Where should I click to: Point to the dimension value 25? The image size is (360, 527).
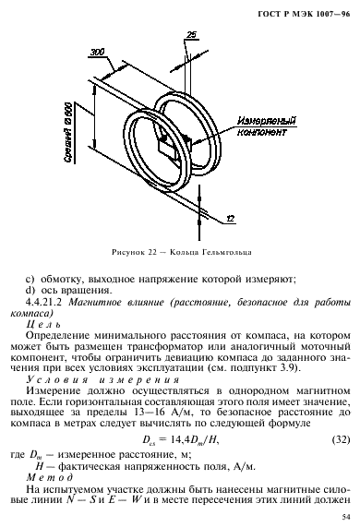point(190,36)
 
